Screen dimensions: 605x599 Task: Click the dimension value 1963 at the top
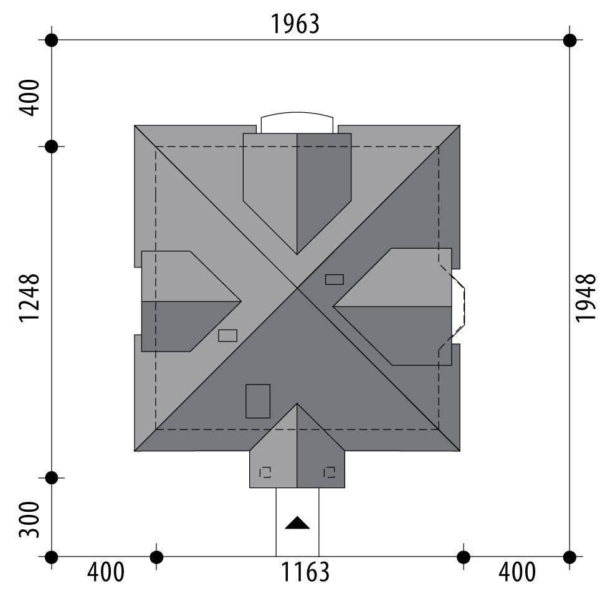pyautogui.click(x=295, y=24)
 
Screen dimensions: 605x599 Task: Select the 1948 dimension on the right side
pyautogui.click(x=586, y=297)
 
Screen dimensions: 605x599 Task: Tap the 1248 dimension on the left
pyautogui.click(x=29, y=298)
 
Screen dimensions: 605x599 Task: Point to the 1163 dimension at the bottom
pyautogui.click(x=305, y=572)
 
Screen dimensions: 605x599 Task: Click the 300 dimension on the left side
pyautogui.click(x=29, y=519)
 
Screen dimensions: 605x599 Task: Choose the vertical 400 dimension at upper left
pyautogui.click(x=29, y=98)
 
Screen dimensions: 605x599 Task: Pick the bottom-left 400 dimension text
pyautogui.click(x=106, y=572)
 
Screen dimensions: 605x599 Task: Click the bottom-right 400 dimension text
pyautogui.click(x=517, y=572)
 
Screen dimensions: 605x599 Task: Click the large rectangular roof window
pyautogui.click(x=258, y=401)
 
